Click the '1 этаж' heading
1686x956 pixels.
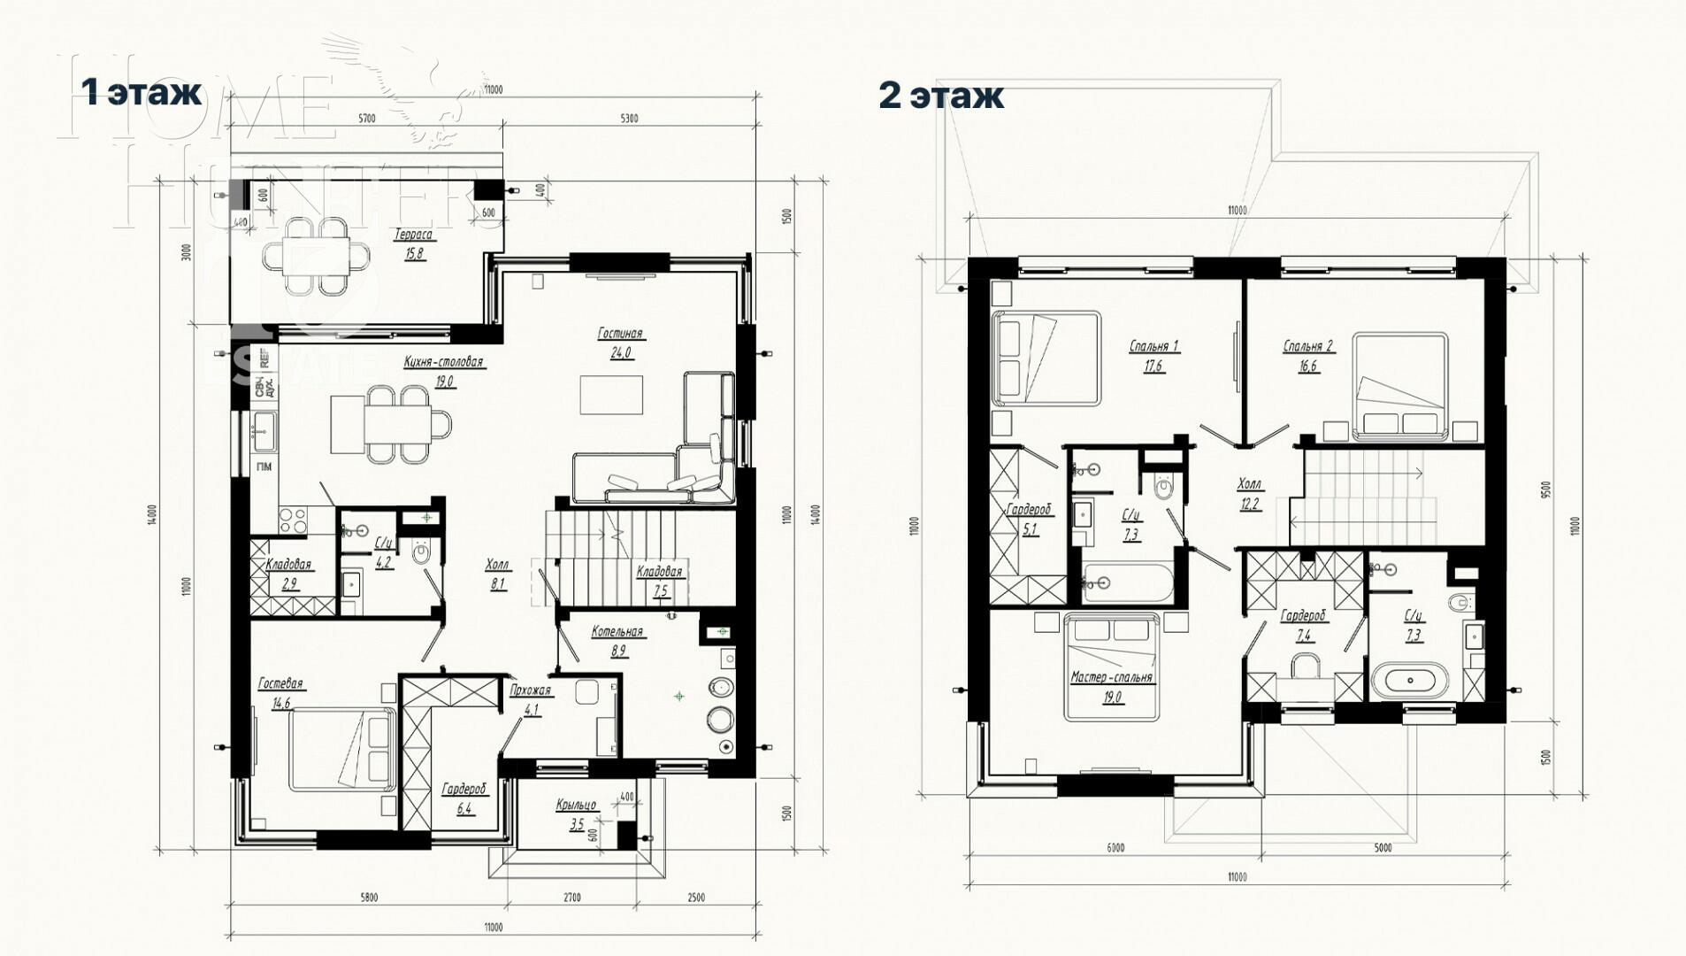coord(142,91)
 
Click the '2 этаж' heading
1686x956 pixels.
coord(940,95)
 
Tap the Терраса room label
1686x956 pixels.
coord(413,235)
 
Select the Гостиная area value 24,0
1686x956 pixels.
coord(620,352)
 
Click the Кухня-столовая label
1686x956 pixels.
coord(443,362)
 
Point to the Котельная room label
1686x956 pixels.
coord(617,632)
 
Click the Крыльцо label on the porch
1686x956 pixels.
coord(576,806)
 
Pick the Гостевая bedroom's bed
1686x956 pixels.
coord(341,748)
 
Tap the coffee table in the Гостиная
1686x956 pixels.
coord(611,395)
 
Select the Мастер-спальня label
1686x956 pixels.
coord(1111,677)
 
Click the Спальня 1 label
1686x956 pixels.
coord(1153,346)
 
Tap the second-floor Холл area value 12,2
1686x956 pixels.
coord(1249,505)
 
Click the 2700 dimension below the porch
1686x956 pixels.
coord(571,898)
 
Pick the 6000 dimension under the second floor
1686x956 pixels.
coord(1115,847)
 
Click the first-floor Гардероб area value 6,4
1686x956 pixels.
coord(464,808)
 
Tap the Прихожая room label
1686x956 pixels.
coord(531,690)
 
